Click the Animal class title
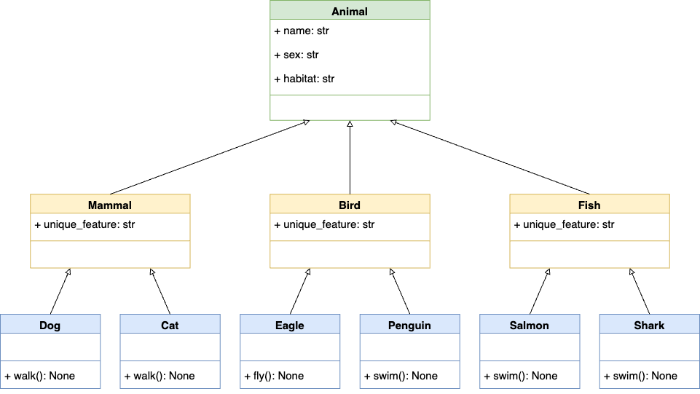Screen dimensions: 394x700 pos(350,11)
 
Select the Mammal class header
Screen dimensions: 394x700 pos(110,205)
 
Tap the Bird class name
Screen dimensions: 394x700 pos(350,205)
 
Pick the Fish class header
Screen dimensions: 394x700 pos(589,205)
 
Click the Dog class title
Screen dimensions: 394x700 pos(50,325)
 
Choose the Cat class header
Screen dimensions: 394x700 pos(170,325)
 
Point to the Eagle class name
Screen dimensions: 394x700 pos(290,325)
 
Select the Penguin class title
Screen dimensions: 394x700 pos(409,325)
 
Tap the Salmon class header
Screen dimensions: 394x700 pos(530,325)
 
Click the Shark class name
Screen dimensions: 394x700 pos(649,325)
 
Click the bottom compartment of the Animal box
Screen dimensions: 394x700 pos(350,107)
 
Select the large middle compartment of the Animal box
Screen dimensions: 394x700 pos(350,57)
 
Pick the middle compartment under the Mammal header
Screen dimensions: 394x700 pos(110,227)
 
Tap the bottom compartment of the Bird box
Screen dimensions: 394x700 pos(350,254)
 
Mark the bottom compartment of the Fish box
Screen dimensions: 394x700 pos(589,254)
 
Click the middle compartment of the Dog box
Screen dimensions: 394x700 pos(50,347)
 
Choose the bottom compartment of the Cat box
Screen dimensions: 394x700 pos(170,374)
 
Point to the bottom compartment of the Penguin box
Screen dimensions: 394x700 pos(409,374)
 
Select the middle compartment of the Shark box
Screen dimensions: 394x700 pos(649,347)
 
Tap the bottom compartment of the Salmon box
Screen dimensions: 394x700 pos(530,374)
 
